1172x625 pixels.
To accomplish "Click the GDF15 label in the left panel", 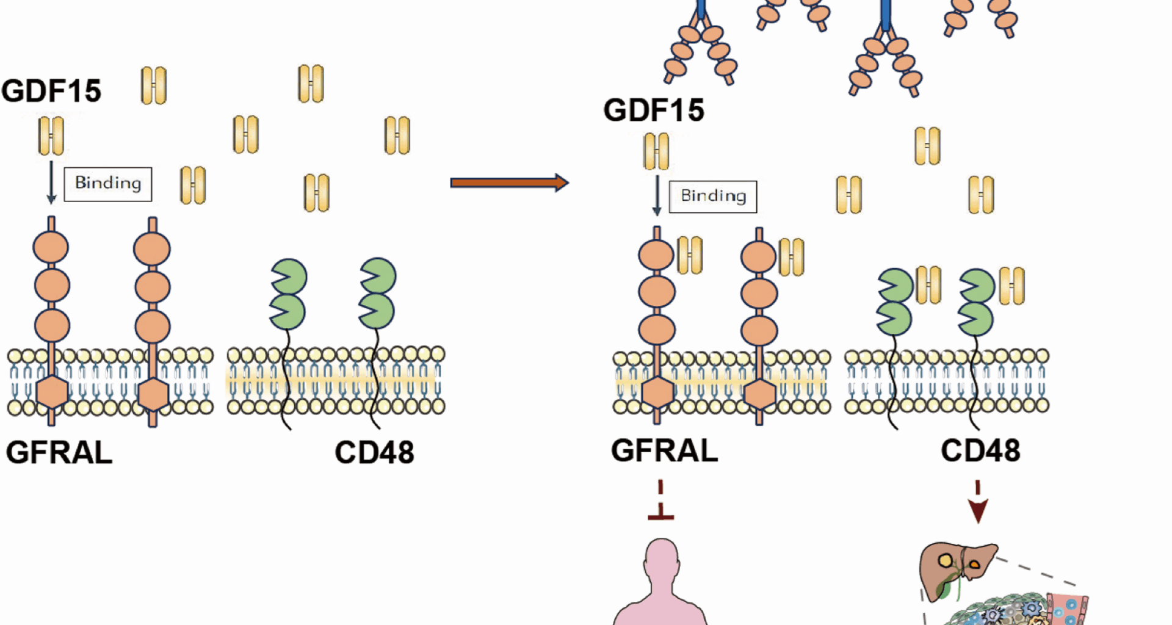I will pos(51,91).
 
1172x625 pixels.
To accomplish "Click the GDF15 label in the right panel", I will pos(654,110).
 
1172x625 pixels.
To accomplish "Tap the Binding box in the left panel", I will pos(108,184).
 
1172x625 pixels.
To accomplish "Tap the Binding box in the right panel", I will pos(713,197).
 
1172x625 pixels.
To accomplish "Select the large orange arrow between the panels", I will pos(509,182).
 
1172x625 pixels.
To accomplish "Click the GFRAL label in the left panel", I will pos(59,453).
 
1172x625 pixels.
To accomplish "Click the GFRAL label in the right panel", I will pos(664,451).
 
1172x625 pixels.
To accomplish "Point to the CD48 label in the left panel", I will pos(374,453).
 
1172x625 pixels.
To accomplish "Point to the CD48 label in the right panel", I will pos(980,451).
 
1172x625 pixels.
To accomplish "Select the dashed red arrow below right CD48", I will pos(978,503).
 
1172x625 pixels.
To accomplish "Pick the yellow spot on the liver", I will pos(945,560).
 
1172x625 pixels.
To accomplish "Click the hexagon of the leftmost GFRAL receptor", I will pos(52,392).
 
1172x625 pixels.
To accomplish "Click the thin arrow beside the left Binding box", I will pos(51,182).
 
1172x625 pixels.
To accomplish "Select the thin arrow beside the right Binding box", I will pos(657,195).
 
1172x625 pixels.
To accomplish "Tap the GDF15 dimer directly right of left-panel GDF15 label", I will pos(154,85).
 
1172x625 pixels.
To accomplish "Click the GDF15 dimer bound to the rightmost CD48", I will pos(1011,286).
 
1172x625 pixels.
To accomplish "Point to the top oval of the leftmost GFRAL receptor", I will pos(51,247).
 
